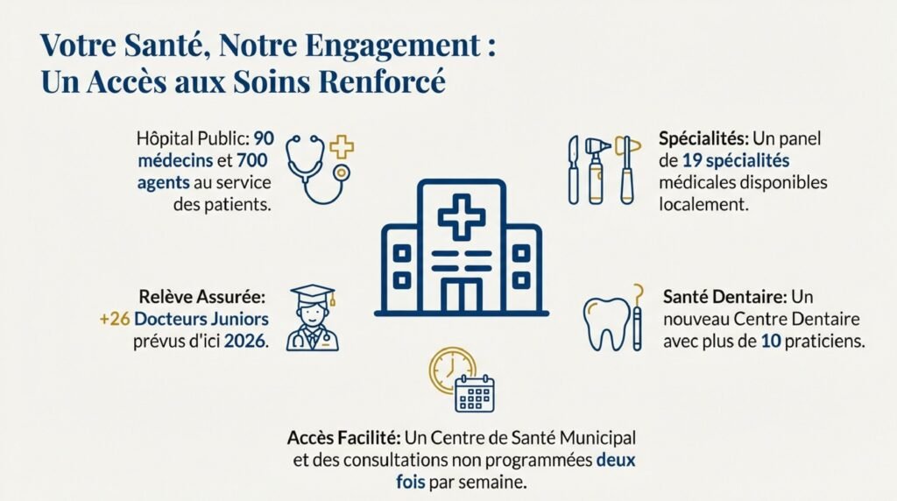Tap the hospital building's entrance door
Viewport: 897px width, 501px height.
461,296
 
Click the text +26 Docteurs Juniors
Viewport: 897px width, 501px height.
184,319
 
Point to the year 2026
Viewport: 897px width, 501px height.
249,341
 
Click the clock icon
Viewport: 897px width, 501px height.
451,369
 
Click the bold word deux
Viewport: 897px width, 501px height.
615,460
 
